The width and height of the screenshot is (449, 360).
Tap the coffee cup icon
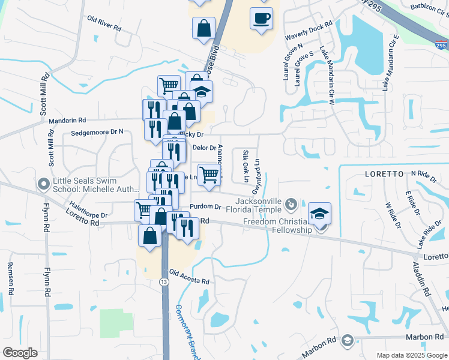(261, 19)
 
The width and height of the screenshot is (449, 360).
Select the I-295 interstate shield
(441, 44)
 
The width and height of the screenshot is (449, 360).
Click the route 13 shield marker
(163, 281)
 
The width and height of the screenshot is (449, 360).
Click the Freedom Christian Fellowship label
(277, 226)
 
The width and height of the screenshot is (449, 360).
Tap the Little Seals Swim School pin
(43, 183)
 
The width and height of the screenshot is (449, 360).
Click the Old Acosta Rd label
(189, 277)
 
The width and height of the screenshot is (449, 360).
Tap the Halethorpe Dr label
(88, 211)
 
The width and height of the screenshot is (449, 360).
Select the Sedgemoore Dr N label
(97, 131)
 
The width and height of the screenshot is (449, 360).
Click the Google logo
(20, 352)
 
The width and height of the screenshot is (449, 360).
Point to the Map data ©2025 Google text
(411, 355)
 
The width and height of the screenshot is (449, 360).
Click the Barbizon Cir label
(430, 7)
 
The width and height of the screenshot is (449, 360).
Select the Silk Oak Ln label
(245, 166)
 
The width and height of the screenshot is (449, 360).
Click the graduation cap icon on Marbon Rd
(347, 341)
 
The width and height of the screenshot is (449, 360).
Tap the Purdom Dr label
(202, 207)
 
